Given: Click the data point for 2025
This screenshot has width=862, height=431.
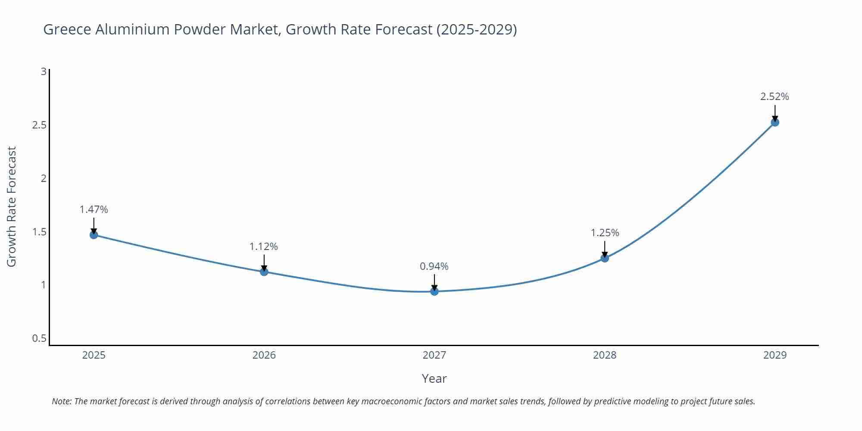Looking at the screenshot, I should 94,235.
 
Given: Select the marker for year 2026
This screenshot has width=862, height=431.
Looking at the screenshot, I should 264,272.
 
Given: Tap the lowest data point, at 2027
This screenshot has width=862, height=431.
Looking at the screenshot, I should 434,291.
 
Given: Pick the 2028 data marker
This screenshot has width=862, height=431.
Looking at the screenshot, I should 605,258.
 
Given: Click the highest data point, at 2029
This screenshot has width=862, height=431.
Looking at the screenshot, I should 775,122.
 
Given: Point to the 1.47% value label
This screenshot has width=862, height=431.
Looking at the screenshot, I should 94,209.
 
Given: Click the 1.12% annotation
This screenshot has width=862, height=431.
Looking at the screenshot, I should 264,247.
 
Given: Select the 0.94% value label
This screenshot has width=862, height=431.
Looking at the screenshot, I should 434,266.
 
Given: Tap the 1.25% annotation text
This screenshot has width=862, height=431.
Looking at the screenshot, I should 605,233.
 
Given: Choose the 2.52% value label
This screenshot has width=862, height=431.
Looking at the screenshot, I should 775,97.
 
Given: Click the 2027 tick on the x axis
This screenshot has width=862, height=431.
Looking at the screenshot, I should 434,355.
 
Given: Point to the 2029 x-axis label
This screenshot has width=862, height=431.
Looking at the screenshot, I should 775,355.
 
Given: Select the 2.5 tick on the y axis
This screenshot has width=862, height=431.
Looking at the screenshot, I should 39,125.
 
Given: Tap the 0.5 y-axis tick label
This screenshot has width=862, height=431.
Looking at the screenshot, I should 39,338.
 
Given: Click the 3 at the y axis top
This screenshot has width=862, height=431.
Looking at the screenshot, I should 44,72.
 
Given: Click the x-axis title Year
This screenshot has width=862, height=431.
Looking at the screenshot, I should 434,378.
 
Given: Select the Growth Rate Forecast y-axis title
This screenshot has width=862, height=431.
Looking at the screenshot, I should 12,206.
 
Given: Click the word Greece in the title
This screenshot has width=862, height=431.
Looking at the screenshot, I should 67,29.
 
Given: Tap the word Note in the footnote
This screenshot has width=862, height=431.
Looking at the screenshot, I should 61,401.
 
